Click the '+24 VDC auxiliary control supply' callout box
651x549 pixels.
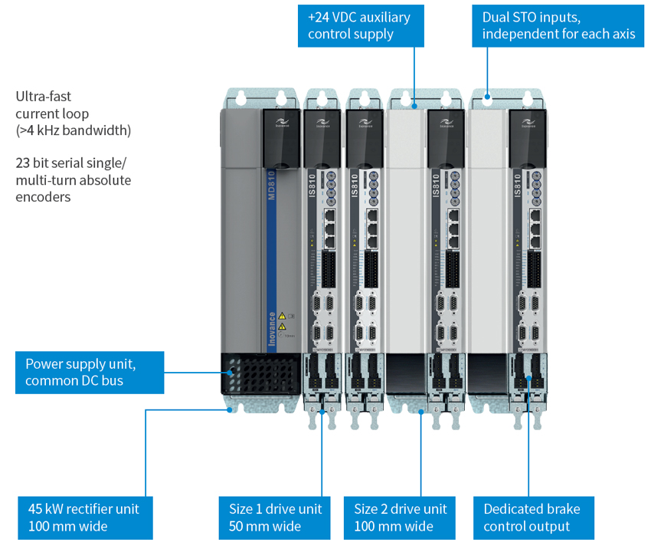coord(360,26)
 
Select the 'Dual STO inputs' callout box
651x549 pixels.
coord(558,26)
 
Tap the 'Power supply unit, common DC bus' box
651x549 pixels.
coord(90,373)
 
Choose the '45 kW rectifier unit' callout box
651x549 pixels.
coord(85,518)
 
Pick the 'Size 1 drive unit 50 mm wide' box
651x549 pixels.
coord(276,518)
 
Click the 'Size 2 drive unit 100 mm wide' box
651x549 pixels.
coord(401,518)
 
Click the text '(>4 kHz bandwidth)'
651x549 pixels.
coord(74,131)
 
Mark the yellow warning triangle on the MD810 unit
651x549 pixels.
coord(281,316)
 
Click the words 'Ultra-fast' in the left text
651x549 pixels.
coord(43,97)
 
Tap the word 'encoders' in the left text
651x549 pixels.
coord(43,197)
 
